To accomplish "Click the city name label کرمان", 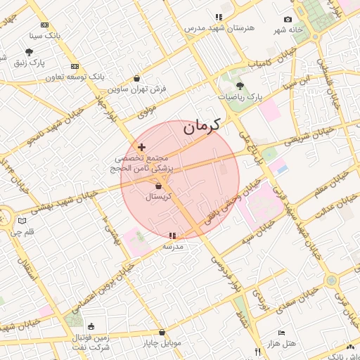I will pos(202,127).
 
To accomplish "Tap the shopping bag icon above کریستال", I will pos(158,186).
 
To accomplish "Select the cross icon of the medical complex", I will pos(142,147).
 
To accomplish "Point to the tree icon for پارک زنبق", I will pos(29,52).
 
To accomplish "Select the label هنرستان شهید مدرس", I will pos(214,28).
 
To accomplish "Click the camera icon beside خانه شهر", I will pos(288,19).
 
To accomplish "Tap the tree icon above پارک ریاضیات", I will pos(240,85).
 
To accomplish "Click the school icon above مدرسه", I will pos(173,236).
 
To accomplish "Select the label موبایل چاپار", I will pos(162,343).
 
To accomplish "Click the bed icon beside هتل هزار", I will pos(282,333).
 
